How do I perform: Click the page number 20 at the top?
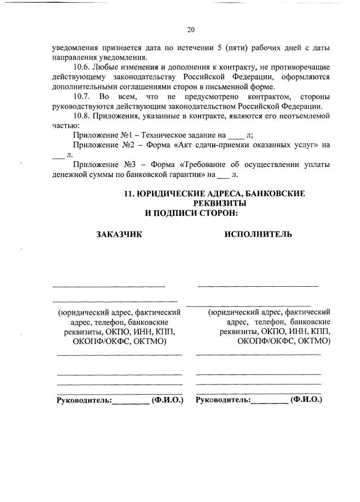(190, 30)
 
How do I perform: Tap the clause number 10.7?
(82, 97)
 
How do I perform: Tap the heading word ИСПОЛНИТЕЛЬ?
(258, 234)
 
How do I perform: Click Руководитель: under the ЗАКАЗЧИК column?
(84, 400)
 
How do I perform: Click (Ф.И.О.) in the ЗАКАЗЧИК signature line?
(168, 400)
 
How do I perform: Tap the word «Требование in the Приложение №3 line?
(206, 165)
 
